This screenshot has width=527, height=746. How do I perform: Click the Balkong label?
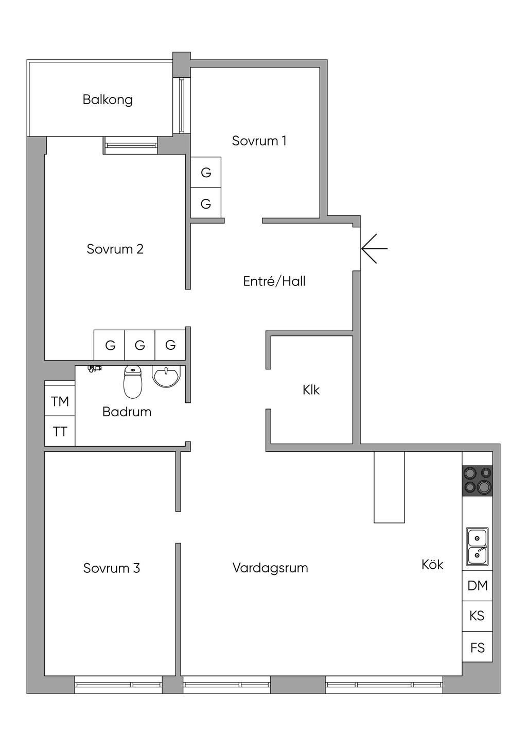108,99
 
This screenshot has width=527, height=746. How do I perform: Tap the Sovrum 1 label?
259,141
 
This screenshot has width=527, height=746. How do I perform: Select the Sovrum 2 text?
115,249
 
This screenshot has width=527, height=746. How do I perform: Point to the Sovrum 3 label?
112,568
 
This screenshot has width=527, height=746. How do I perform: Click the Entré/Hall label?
274,281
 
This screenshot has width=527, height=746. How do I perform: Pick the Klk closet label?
311,390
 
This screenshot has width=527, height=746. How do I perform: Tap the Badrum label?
127,412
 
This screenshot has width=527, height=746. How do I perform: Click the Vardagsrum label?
270,568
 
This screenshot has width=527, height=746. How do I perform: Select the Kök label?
432,565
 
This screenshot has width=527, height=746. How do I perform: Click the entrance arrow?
374,248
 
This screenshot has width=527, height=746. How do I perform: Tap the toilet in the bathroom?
133,382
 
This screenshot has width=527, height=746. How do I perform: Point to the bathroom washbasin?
166,377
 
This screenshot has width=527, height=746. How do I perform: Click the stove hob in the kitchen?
477,481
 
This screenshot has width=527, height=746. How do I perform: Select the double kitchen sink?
477,547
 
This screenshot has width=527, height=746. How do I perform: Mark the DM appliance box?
477,585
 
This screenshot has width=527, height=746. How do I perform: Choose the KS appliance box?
477,616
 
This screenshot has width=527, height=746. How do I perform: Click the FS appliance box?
477,647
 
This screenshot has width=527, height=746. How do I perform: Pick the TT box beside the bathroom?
60,431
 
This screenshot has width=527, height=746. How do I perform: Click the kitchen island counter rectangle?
389,487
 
